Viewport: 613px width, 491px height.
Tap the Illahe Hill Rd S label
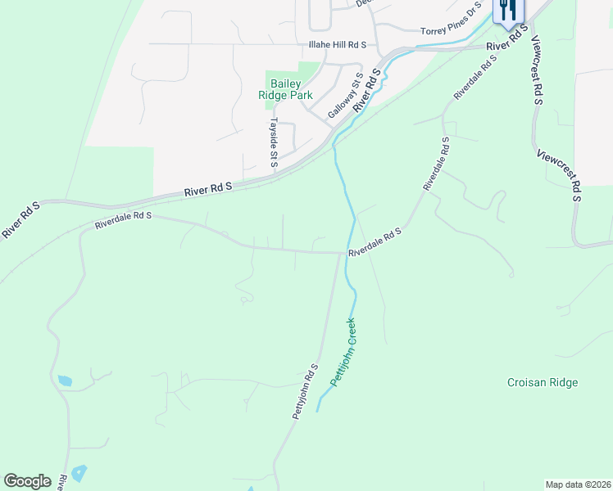click(x=337, y=44)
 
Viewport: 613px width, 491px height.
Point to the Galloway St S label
click(x=345, y=96)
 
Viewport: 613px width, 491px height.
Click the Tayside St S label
click(x=275, y=142)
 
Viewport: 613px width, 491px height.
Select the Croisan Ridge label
click(x=542, y=382)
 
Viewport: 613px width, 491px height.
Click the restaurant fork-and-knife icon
click(x=508, y=11)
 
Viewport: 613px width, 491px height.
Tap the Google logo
click(x=27, y=480)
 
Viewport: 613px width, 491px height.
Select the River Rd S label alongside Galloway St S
click(x=368, y=91)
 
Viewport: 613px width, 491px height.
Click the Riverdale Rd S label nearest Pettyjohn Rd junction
click(x=375, y=244)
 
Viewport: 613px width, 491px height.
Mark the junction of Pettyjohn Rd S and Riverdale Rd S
click(x=341, y=252)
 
